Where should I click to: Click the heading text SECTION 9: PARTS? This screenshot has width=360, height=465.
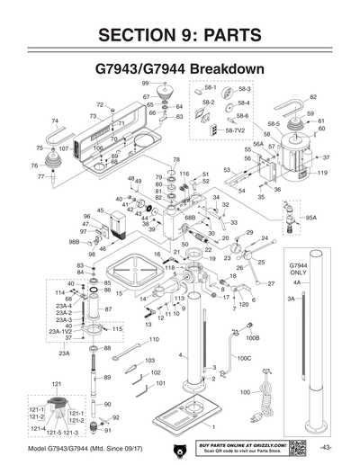point(180,35)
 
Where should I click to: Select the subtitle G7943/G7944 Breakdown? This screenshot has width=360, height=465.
point(180,69)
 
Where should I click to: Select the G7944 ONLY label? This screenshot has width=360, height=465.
point(300,270)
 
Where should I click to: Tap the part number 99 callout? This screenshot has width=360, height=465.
point(146,83)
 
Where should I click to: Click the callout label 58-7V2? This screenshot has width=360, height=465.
point(235,131)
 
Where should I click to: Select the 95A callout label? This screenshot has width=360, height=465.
point(311,218)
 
